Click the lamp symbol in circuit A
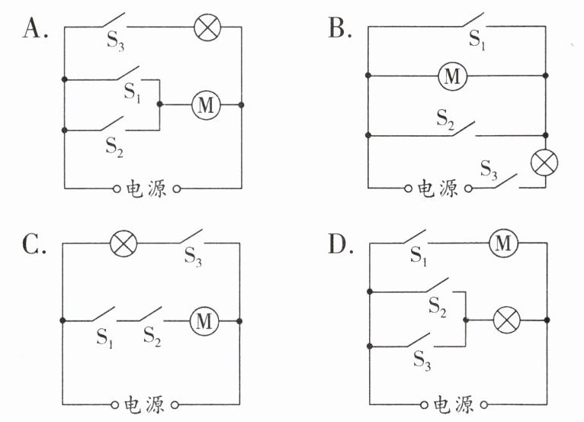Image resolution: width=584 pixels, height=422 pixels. pos(207,27)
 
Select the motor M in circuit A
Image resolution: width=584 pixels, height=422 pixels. pos(206,105)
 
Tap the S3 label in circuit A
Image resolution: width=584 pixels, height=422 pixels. pos(115,40)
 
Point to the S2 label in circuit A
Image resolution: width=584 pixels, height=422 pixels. pos(114,147)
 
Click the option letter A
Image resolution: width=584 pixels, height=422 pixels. pos(35,28)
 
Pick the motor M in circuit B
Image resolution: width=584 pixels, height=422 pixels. pos(452,76)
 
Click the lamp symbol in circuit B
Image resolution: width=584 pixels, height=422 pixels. pos(544,163)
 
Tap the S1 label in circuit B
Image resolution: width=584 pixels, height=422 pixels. pos(477,40)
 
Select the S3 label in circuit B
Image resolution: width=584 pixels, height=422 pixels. pos(488,169)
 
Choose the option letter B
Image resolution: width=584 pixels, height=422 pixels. pos(340,28)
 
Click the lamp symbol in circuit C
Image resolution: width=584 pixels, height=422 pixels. pos(124,243)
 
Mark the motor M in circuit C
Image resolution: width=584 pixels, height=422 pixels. pos(204,321)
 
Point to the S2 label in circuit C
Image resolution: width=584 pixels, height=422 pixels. pos(152,337)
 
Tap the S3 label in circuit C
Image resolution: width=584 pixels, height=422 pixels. pos(193,257)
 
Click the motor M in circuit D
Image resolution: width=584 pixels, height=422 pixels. pos(503,243)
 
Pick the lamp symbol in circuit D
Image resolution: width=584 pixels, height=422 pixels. pos(507,321)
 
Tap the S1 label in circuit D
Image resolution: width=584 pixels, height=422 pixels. pos(418,256)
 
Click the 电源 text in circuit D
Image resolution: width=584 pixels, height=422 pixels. pos(454,404)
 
